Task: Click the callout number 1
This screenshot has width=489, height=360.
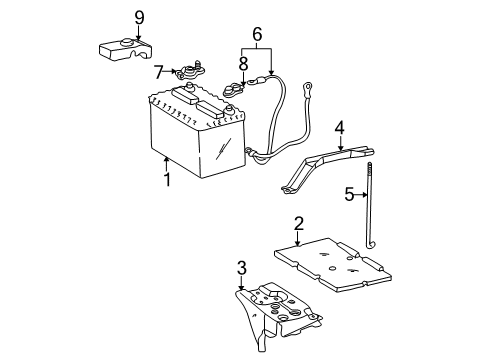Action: point(167,180)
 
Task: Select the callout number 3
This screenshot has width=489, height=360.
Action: point(241,268)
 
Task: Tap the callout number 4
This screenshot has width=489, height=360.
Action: point(340,128)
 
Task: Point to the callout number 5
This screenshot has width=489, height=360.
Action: point(349,195)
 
